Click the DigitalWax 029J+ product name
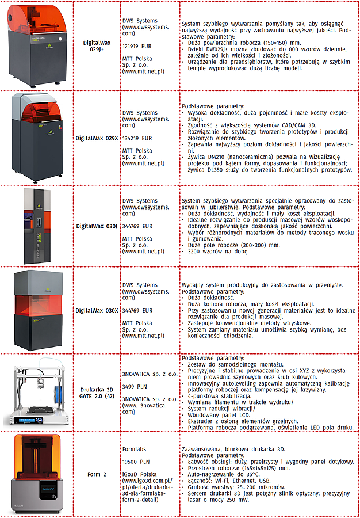click(97, 46)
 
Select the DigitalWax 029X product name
click(97, 138)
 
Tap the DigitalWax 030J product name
click(97, 226)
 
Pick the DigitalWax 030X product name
click(97, 310)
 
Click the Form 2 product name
click(97, 474)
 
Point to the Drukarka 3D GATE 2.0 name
click(97, 392)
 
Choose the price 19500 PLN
click(136, 461)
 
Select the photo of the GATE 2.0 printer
click(38, 392)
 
